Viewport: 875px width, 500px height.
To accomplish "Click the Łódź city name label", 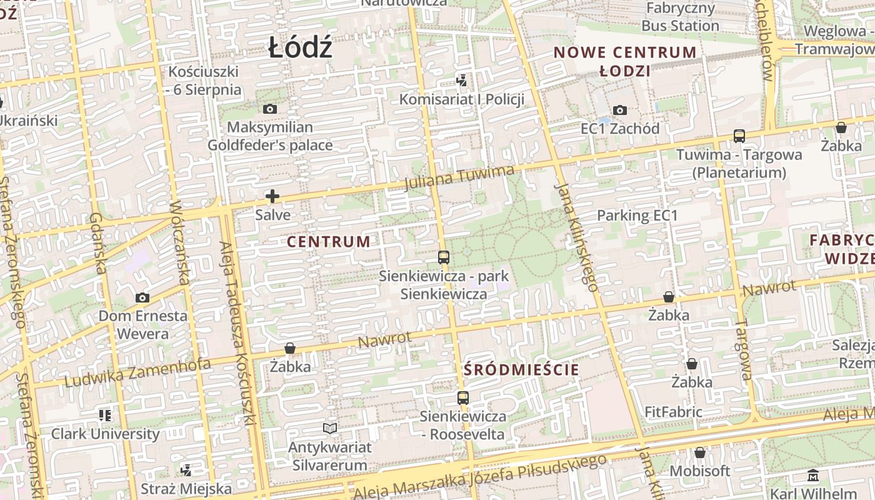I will pyautogui.click(x=300, y=49).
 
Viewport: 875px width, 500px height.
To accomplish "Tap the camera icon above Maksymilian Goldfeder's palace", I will pyautogui.click(x=270, y=109).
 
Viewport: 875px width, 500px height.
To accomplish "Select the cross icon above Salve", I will pyautogui.click(x=272, y=197).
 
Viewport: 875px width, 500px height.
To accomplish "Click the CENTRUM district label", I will pyautogui.click(x=329, y=242).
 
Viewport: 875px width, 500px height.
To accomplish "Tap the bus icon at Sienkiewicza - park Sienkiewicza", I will pyautogui.click(x=444, y=257).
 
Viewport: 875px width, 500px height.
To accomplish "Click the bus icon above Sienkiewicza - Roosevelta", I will pyautogui.click(x=463, y=397).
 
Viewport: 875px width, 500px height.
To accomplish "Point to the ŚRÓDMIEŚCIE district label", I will pyautogui.click(x=522, y=369).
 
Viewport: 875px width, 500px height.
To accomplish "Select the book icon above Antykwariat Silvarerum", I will pyautogui.click(x=330, y=428).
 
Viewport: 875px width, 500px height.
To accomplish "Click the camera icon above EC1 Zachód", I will pyautogui.click(x=620, y=111).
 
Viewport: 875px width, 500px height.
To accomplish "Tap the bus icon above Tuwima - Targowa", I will pyautogui.click(x=739, y=136).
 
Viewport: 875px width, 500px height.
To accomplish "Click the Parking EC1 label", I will pyautogui.click(x=637, y=216).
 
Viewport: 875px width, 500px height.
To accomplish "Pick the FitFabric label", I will pyautogui.click(x=674, y=412).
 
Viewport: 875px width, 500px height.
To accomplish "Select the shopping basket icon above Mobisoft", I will pyautogui.click(x=700, y=452).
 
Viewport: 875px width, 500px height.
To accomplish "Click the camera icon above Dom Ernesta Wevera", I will pyautogui.click(x=142, y=297).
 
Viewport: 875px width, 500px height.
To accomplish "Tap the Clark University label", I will pyautogui.click(x=106, y=434).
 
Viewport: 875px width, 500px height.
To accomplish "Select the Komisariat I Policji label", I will pyautogui.click(x=462, y=99).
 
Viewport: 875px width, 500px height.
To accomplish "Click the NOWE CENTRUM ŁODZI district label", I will pyautogui.click(x=625, y=61).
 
